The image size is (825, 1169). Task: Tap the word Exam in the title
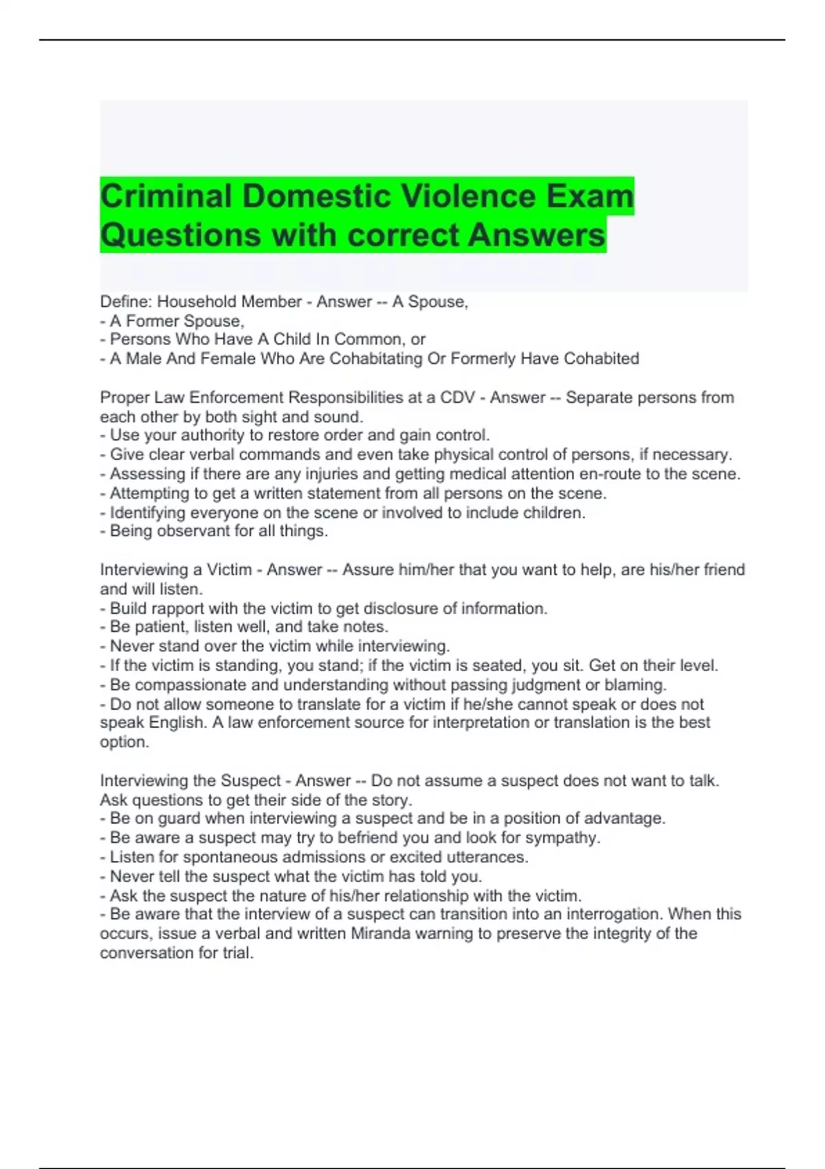(590, 197)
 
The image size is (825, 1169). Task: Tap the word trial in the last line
(237, 953)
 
